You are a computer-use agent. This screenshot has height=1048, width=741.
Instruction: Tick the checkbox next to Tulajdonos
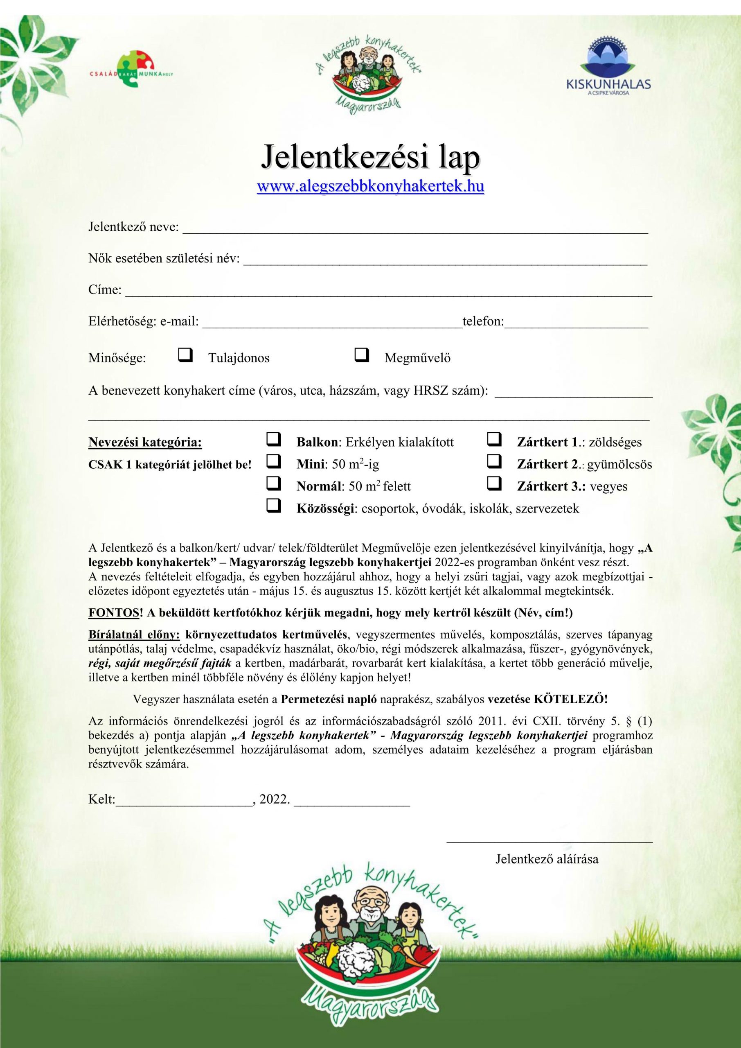point(185,355)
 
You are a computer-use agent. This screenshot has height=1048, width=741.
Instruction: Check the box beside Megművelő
point(361,355)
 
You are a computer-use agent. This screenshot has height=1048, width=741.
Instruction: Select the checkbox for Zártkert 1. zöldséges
point(494,440)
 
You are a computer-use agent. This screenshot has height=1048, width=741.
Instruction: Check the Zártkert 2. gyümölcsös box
point(494,461)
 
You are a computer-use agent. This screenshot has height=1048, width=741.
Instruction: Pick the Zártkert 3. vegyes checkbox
point(494,483)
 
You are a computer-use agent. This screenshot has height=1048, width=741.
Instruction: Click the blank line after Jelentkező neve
point(415,229)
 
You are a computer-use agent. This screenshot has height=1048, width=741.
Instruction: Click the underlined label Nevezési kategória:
point(145,442)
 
